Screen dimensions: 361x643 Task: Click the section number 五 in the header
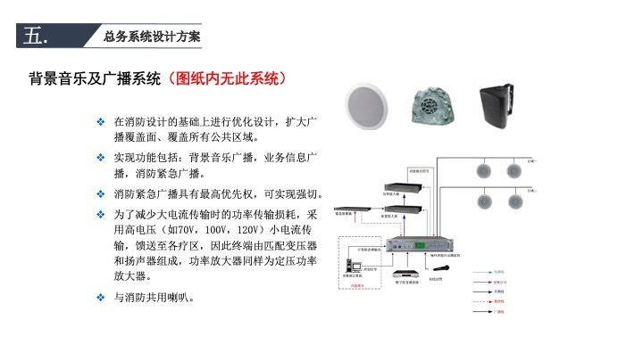point(36,37)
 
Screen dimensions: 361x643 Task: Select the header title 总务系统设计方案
point(152,37)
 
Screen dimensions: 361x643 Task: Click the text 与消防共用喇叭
point(155,297)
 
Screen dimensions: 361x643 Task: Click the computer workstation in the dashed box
point(351,264)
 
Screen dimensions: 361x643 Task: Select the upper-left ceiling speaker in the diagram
point(487,170)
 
